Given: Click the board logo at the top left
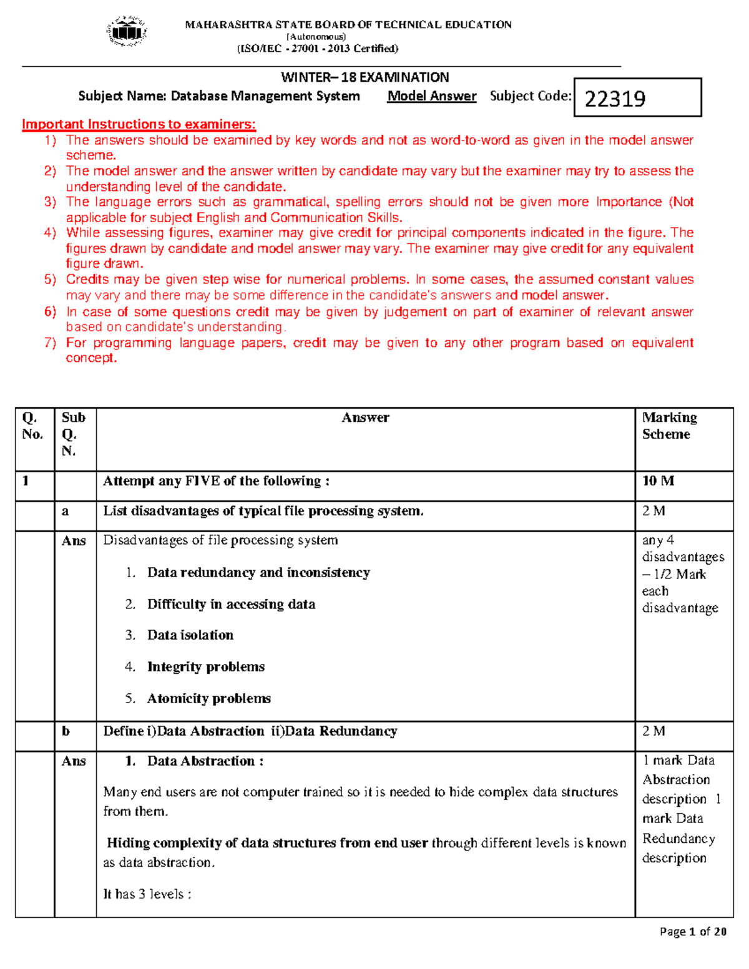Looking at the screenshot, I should pos(127,31).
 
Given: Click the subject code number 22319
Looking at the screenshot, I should pos(615,99).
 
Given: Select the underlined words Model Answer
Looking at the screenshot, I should pos(431,96).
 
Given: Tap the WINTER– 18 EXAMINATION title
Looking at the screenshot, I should pos(365,77).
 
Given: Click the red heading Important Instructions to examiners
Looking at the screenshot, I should pos(139,124).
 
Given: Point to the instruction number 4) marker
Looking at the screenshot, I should pos(50,233).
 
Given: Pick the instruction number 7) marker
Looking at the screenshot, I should pos(50,343).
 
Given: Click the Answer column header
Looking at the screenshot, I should pos(365,417).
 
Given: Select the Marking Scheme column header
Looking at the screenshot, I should pos(669,426).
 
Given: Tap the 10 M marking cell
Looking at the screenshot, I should pos(658,480).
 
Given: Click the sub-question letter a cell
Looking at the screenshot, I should pos(66,511).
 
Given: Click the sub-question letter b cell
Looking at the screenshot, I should pos(66,731).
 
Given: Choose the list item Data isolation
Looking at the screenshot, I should pos(190,635).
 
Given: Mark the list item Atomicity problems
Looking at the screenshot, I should pos(208,698).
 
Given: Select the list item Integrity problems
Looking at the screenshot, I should pos(205,666).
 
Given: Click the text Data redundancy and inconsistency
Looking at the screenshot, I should pos(258,572).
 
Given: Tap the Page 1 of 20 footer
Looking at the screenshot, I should pos(693,932).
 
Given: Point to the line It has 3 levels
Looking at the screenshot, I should pos(147,894).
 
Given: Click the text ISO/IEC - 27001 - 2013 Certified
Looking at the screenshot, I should pos(317,49).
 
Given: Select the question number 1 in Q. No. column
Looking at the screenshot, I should pos(26,480).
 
